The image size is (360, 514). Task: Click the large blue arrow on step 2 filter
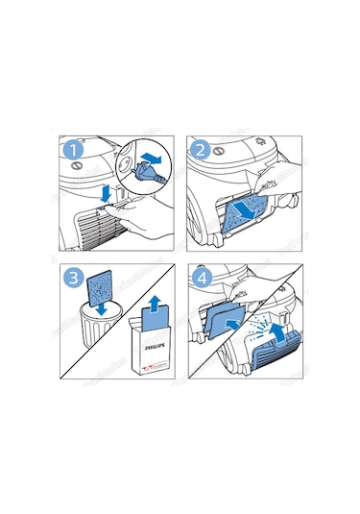(x=248, y=207)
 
